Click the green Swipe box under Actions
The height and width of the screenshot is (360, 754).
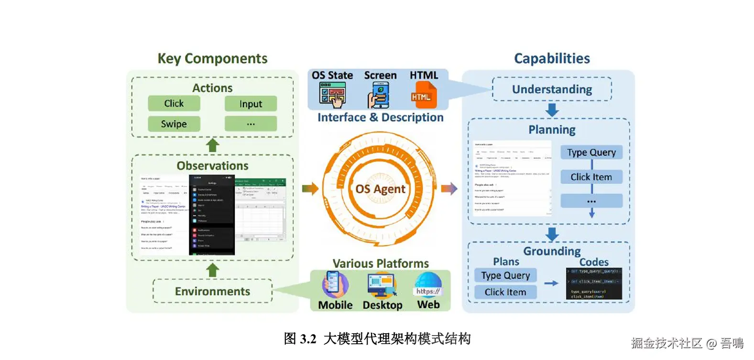tap(174, 124)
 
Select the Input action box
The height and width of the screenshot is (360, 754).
tap(251, 104)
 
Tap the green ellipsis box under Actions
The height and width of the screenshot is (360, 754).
tap(251, 124)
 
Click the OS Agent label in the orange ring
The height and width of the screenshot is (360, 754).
tap(380, 189)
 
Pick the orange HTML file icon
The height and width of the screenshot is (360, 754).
tap(423, 95)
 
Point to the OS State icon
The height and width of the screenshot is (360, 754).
tap(332, 95)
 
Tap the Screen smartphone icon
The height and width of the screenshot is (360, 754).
tap(379, 95)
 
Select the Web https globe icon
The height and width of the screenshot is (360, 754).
tap(428, 285)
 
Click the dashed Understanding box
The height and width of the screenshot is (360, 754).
tap(552, 89)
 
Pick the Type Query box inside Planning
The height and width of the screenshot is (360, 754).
tap(591, 153)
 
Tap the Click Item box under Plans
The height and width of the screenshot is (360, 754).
tap(505, 292)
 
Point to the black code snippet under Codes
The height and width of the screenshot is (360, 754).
tap(594, 284)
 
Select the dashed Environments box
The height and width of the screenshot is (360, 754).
tap(212, 291)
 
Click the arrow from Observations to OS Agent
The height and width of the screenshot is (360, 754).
tap(310, 189)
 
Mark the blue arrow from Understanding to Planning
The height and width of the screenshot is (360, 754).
tap(552, 109)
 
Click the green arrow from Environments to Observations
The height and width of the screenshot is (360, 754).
tap(212, 270)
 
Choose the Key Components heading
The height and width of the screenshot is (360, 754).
tap(212, 58)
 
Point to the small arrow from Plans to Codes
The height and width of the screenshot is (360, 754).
tap(551, 284)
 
